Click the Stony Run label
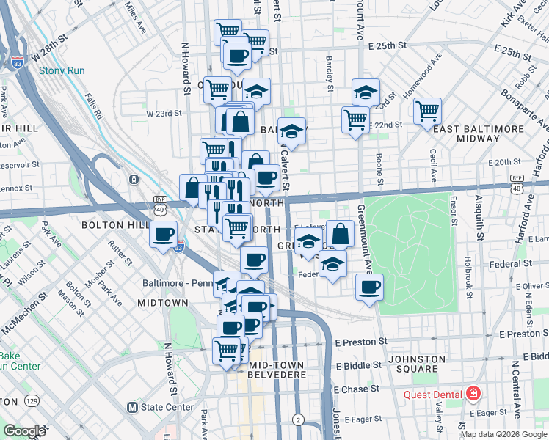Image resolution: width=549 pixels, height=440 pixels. [x=62, y=71]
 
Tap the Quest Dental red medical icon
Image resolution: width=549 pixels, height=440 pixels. [x=472, y=395]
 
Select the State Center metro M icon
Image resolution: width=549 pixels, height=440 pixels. [x=133, y=407]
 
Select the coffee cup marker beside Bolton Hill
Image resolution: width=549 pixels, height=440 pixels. [x=163, y=235]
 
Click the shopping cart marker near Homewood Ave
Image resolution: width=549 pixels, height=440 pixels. [x=427, y=112]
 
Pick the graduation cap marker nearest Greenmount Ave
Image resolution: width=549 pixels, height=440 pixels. [x=366, y=92]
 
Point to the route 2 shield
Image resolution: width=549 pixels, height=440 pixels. [x=297, y=419]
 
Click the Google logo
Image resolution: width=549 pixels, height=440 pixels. [x=24, y=431]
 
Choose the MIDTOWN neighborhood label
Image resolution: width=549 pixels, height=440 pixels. [x=163, y=302]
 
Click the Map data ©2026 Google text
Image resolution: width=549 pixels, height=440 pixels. [x=503, y=434]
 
